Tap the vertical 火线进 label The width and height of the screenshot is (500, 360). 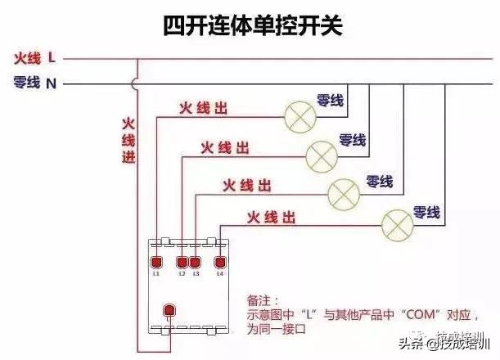tap(128, 140)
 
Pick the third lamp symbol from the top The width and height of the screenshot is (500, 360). tap(344, 192)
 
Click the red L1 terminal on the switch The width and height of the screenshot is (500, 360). tap(155, 262)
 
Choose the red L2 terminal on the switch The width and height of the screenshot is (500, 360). tap(183, 262)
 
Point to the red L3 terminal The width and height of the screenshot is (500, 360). tap(195, 262)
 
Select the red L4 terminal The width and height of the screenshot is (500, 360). tap(219, 262)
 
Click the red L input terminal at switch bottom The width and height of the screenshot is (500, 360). tap(170, 311)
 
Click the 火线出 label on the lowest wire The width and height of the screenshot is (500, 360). tap(271, 217)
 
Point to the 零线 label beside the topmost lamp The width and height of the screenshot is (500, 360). tap(331, 101)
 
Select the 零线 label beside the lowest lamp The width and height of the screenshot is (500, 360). tap(427, 212)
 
